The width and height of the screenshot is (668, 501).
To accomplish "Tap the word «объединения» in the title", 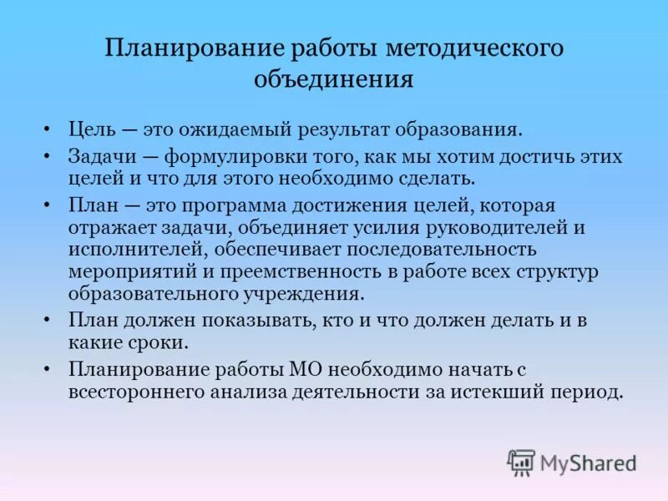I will tap(334, 79).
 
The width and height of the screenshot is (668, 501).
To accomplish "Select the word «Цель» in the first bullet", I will tap(91, 129).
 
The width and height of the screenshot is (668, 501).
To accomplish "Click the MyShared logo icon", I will tap(521, 462).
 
